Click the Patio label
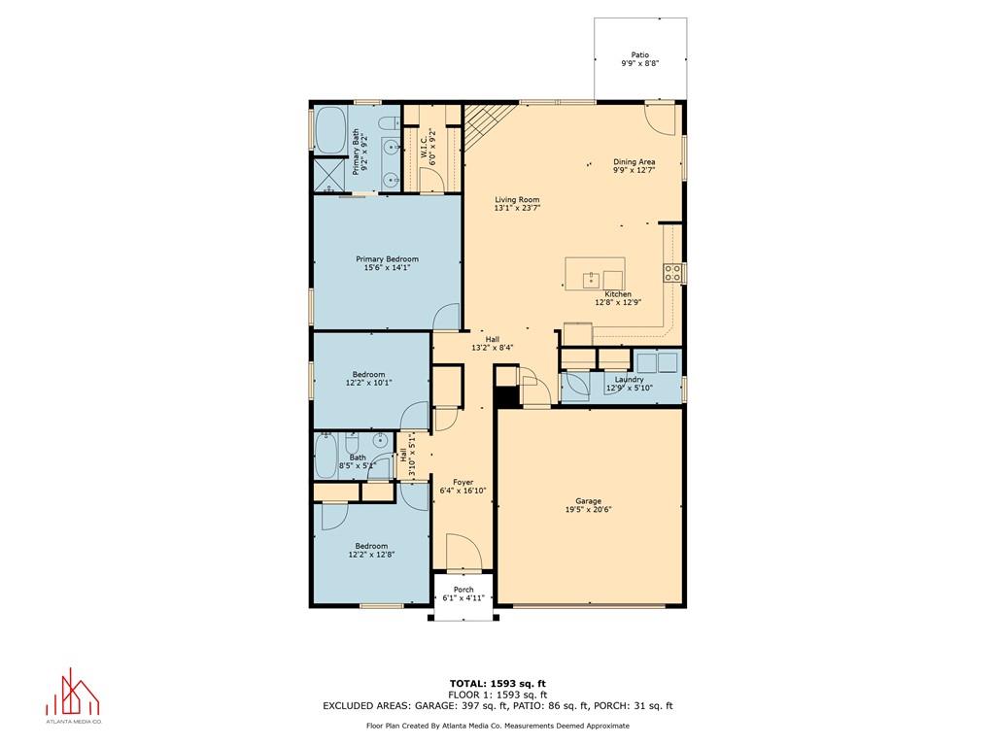(x=639, y=55)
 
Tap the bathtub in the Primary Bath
(x=330, y=130)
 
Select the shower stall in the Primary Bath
(x=330, y=175)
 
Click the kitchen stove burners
(x=673, y=273)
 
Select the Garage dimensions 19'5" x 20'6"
(x=588, y=509)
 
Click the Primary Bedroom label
(x=387, y=258)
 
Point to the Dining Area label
(x=634, y=162)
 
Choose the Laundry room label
(x=629, y=380)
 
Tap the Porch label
(x=463, y=590)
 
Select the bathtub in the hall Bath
(x=326, y=457)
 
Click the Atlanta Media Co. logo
(x=73, y=695)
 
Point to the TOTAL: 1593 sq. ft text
(x=497, y=683)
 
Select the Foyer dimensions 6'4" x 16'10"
(x=463, y=491)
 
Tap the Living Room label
(x=517, y=199)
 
